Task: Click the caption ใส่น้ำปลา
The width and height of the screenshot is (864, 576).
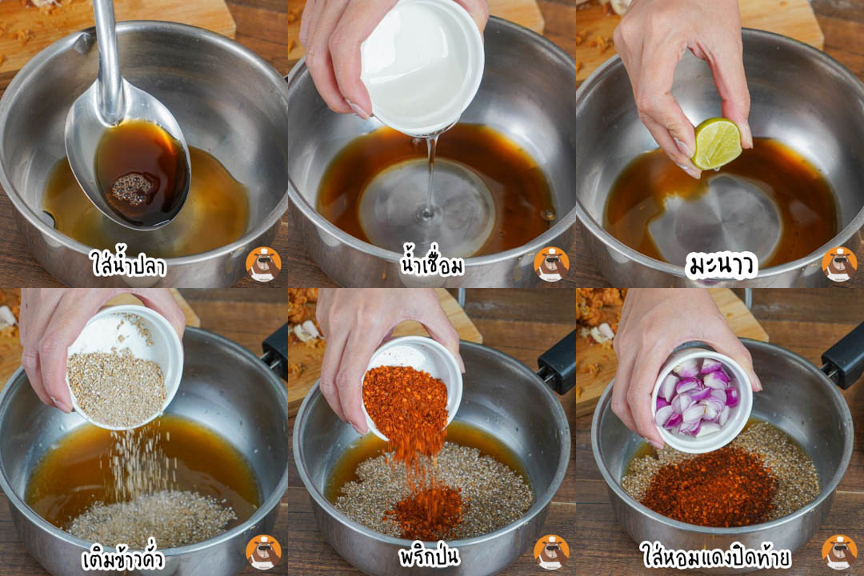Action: pos(128,263)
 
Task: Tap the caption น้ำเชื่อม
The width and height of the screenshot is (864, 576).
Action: pos(433,264)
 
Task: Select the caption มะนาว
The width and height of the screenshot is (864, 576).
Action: pos(722,266)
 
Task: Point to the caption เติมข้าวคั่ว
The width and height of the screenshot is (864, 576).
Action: pos(123,558)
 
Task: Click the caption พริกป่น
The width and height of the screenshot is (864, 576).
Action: pos(430,556)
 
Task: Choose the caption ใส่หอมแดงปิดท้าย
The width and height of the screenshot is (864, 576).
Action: pos(716,555)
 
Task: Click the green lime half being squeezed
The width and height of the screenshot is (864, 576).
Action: pos(716,143)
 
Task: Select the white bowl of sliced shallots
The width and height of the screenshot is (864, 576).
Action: pos(702,401)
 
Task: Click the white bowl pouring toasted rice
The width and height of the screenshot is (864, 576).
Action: pos(125,366)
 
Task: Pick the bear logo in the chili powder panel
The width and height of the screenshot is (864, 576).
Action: pos(551,552)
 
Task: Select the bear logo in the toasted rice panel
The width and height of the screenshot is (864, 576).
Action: pos(263,552)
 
